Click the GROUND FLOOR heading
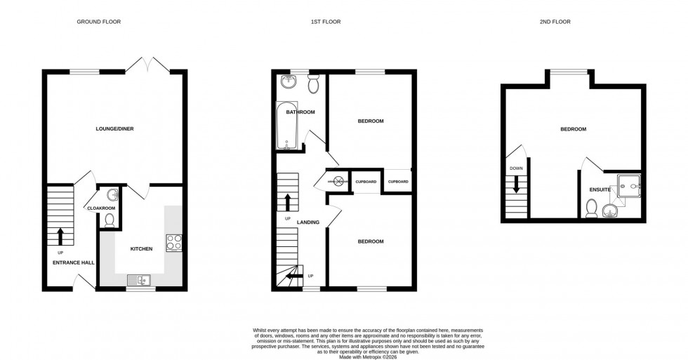[98, 22]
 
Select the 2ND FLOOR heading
[555, 22]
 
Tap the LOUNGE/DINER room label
[115, 128]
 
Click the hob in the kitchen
[174, 242]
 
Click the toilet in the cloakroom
[109, 220]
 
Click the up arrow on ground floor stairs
[60, 235]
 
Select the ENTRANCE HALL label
[74, 262]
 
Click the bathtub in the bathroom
[288, 127]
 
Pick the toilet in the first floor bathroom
[314, 84]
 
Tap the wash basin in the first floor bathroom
[289, 82]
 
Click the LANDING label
[308, 222]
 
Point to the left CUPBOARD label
[366, 182]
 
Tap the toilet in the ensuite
[592, 208]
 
